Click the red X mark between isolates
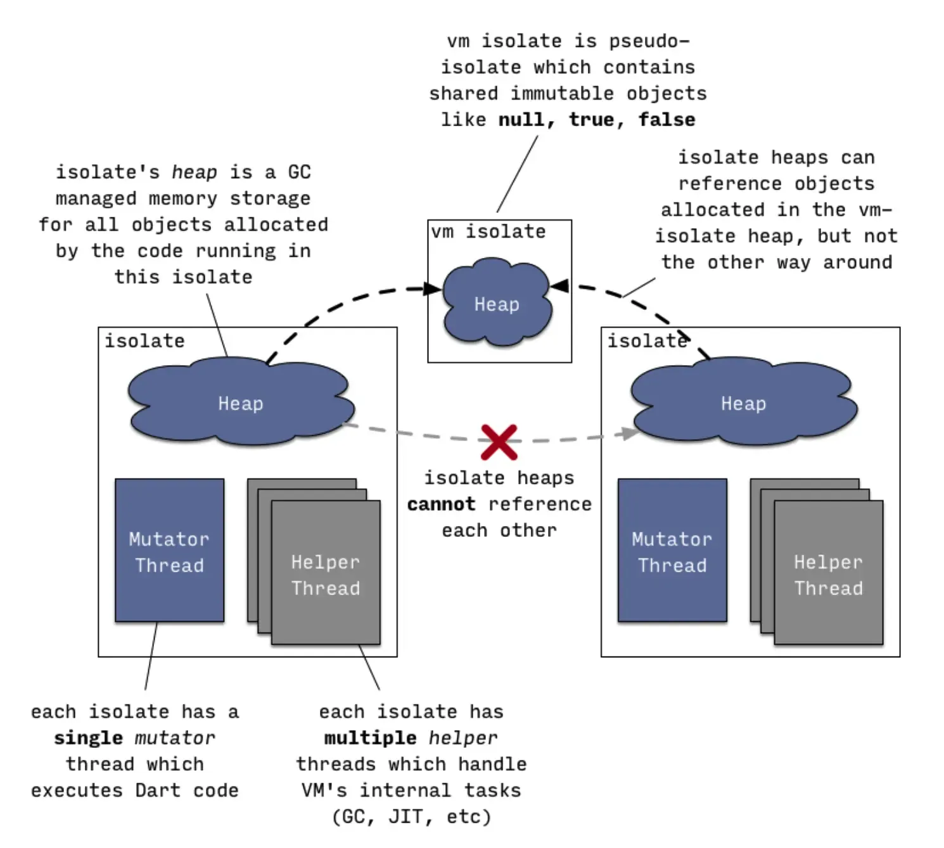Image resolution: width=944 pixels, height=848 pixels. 499,442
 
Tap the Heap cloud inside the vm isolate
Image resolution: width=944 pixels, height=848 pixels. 497,305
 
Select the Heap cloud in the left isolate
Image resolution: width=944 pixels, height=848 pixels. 240,404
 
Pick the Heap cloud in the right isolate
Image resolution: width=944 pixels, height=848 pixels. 743,404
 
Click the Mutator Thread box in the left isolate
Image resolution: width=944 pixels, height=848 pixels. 169,551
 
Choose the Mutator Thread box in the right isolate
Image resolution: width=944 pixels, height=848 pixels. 672,551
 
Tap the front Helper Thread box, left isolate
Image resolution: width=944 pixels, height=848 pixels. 326,574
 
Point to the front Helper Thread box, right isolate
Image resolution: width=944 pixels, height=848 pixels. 828,574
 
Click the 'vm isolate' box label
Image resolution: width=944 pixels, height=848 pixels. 488,232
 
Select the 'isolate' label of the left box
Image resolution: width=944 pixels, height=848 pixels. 144,341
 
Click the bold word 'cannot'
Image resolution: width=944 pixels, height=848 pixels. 441,504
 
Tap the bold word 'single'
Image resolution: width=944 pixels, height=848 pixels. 88,738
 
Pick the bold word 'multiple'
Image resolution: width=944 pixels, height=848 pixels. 371,738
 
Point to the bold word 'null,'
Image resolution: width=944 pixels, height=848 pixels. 526,120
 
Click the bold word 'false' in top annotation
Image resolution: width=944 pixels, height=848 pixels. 667,120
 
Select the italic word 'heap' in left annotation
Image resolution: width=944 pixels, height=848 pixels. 194,172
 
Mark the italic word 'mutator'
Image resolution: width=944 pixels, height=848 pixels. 175,738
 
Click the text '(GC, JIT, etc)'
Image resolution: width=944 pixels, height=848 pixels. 411,816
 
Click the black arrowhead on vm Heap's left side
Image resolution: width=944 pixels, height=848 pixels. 434,289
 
